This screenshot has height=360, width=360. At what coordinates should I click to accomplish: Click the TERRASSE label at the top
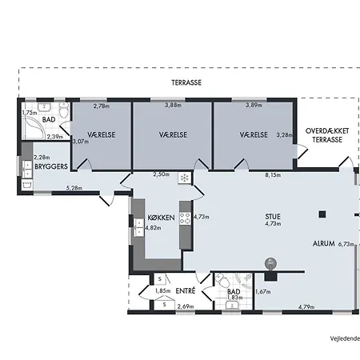(x=186, y=82)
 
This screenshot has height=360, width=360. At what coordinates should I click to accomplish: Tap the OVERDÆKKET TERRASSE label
(x=327, y=135)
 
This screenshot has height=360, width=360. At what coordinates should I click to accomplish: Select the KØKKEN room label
(x=162, y=218)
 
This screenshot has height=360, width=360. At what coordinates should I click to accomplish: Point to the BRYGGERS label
(x=51, y=166)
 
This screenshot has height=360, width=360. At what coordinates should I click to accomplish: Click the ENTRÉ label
(x=186, y=290)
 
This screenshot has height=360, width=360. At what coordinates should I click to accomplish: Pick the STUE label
(x=273, y=217)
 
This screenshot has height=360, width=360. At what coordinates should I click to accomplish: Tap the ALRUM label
(x=324, y=243)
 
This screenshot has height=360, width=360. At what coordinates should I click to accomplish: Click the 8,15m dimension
(x=273, y=175)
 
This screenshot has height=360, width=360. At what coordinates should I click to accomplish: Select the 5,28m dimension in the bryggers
(x=74, y=188)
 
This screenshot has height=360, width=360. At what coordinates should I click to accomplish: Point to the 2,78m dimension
(x=102, y=106)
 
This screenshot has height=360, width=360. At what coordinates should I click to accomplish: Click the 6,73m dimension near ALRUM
(x=346, y=244)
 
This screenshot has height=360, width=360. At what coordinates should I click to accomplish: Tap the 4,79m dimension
(x=306, y=307)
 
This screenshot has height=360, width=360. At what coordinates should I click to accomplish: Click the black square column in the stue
(x=322, y=214)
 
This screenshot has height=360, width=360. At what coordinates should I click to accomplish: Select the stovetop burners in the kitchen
(x=185, y=218)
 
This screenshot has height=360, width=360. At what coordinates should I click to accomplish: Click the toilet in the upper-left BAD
(x=64, y=110)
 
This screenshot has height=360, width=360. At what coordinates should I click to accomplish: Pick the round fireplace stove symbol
(x=270, y=264)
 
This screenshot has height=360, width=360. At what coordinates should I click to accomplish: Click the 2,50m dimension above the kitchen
(x=161, y=174)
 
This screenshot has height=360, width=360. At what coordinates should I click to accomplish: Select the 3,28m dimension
(x=285, y=135)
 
